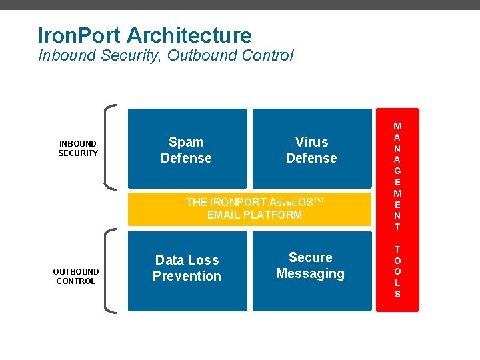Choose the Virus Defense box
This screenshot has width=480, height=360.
311,149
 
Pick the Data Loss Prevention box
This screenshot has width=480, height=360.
187,270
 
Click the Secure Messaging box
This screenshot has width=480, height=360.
311,270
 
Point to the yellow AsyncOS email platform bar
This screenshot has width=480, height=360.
249,209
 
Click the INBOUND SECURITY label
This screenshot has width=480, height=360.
78,148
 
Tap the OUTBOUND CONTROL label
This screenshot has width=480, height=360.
76,276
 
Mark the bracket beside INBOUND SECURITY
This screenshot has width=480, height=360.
111,147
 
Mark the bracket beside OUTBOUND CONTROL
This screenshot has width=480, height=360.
111,270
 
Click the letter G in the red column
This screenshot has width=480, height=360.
397,170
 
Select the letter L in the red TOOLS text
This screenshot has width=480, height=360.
397,282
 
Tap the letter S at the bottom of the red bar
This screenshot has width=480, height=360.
397,293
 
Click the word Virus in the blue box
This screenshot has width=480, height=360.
311,141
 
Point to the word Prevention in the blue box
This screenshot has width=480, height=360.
187,276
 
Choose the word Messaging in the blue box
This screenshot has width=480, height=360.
310,273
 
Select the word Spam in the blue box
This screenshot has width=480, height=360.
186,141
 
